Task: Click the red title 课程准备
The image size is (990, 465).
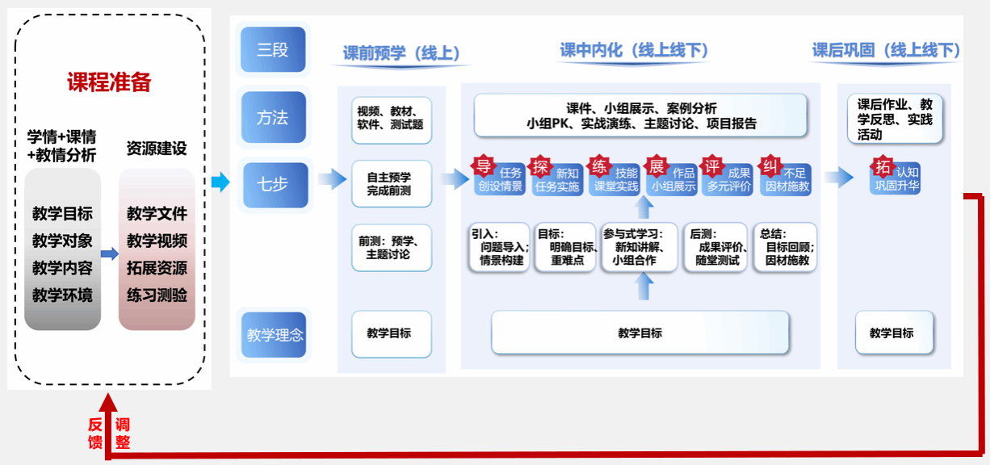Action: [109, 82]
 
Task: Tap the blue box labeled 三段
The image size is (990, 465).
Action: [273, 50]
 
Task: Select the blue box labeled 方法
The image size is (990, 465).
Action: [273, 117]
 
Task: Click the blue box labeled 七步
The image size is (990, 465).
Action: [273, 183]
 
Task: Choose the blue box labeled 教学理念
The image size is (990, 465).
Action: [275, 333]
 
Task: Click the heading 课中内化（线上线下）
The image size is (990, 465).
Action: [634, 51]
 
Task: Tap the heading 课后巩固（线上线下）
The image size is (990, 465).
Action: [886, 51]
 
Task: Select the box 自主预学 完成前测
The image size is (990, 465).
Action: [391, 183]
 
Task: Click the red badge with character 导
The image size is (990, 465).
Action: [483, 167]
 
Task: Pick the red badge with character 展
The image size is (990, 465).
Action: [657, 167]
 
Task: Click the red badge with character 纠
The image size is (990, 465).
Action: [770, 167]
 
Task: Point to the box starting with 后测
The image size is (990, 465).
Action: [715, 247]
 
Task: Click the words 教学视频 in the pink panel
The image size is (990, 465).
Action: [157, 241]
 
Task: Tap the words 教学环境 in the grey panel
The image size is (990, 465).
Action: [62, 295]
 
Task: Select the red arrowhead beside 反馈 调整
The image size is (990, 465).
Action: [108, 403]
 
